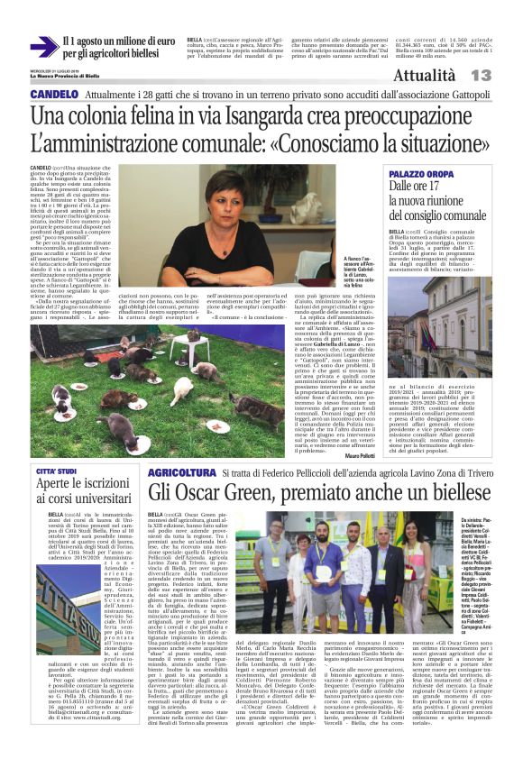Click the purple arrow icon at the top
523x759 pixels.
43,47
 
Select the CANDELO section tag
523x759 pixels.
53,95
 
